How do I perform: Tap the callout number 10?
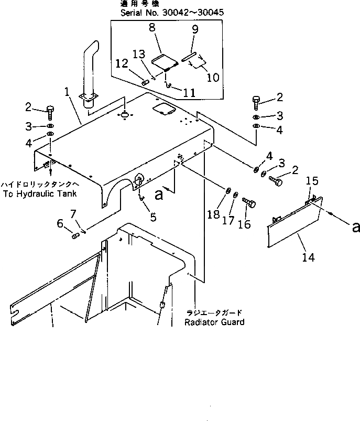pos(213,78)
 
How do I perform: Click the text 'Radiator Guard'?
pos(214,321)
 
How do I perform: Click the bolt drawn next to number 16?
pos(250,203)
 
